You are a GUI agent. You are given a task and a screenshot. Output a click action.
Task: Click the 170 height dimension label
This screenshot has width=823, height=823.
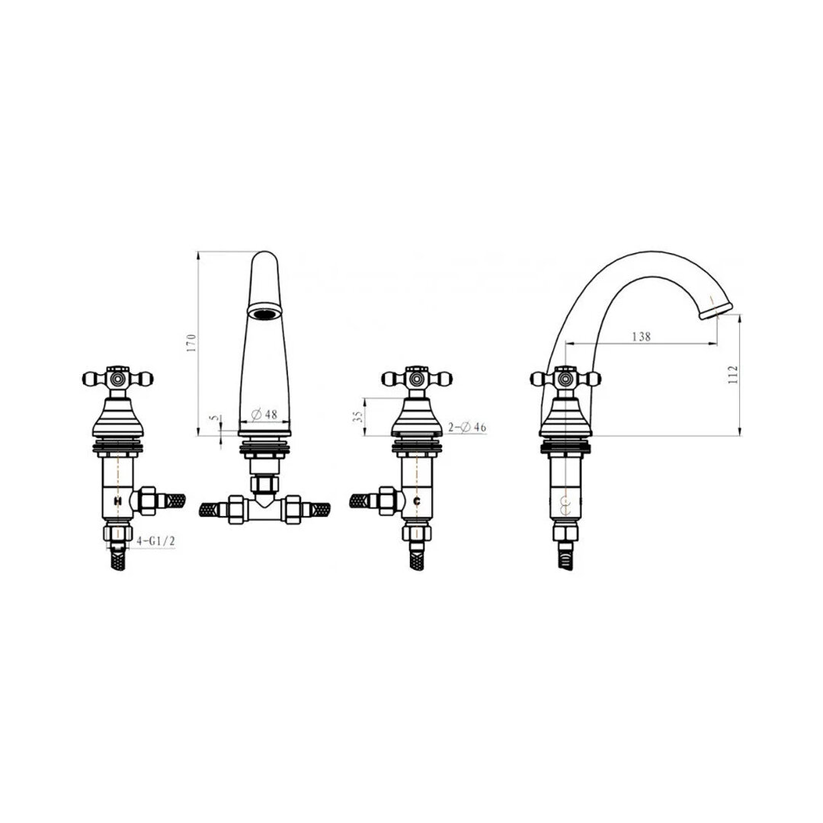coord(191,343)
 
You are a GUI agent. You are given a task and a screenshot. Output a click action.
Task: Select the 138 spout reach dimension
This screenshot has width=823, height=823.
coord(641,336)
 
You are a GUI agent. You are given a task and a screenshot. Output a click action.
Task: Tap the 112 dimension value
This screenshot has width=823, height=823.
coord(733,375)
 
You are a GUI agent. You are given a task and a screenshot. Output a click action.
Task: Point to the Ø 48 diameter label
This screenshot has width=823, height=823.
coord(264,414)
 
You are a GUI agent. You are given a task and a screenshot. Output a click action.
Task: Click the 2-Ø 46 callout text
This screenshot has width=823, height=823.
coord(467,428)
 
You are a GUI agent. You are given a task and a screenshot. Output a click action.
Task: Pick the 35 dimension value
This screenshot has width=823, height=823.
coord(358,416)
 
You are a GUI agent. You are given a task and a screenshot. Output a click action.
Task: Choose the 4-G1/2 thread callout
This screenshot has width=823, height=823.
coord(155,540)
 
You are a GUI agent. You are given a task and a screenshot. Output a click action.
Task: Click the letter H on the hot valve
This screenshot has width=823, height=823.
coord(117,501)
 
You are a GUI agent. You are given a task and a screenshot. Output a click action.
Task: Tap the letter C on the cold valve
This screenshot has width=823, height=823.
coord(416,501)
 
